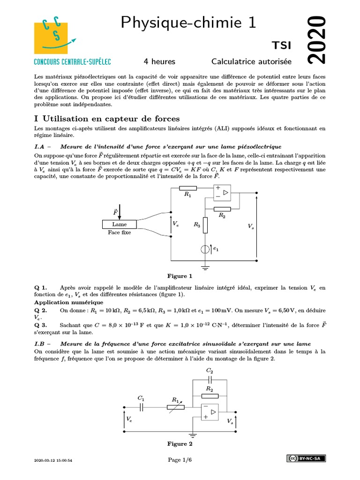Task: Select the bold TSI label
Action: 282,45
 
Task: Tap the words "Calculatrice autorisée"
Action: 251,61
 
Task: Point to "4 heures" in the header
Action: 159,61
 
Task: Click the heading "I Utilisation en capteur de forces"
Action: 107,119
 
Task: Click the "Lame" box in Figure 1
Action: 120,225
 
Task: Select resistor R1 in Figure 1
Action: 188,188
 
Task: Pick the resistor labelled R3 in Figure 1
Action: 205,225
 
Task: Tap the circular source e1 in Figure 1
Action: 205,249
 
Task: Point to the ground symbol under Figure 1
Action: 205,268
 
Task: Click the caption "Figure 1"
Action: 180,276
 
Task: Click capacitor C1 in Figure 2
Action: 141,408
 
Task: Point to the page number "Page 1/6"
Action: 180,460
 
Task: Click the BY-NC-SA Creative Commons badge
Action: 307,458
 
